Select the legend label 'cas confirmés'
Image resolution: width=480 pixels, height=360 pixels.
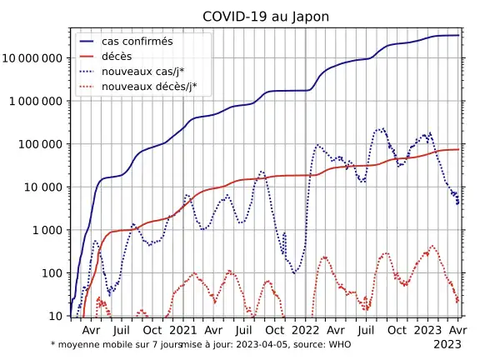click(137, 40)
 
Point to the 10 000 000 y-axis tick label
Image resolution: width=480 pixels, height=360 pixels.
click(32, 58)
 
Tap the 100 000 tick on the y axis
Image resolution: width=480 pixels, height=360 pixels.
click(42, 144)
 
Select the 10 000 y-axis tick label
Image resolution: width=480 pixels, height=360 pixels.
click(45, 187)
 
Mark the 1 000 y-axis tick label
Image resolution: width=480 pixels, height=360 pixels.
click(48, 230)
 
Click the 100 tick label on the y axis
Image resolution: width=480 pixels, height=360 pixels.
click(54, 273)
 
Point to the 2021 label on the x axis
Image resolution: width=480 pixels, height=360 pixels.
click(182, 330)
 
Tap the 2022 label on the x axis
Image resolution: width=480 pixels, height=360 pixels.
click(305, 330)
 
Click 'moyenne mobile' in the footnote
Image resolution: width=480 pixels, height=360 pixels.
click(92, 343)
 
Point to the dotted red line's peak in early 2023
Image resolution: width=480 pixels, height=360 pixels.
click(432, 246)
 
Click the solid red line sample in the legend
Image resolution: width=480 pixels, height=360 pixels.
click(87, 56)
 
